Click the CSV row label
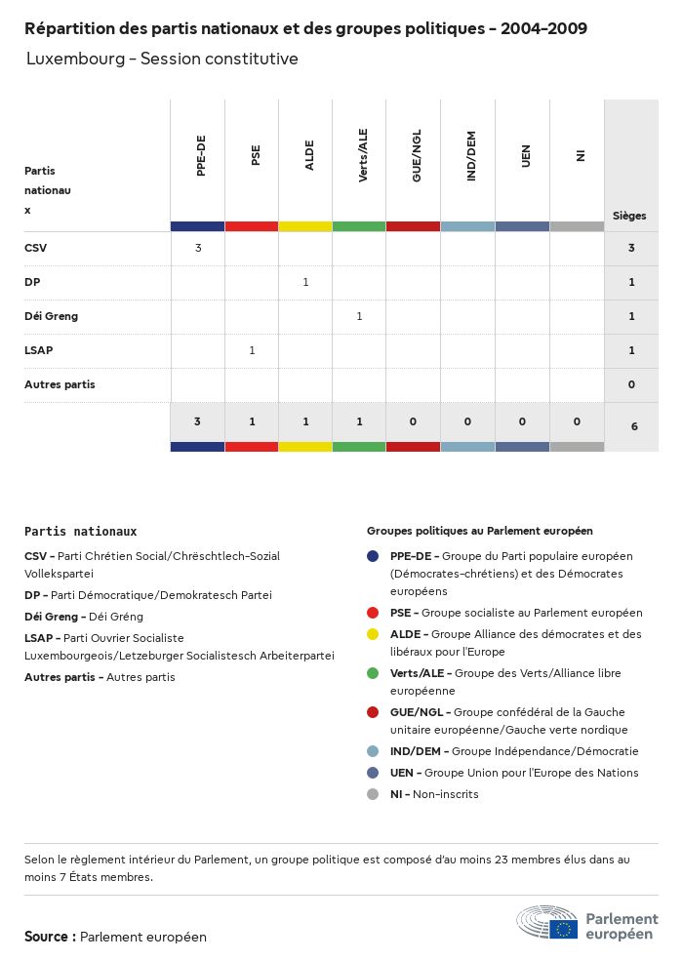[x=35, y=248]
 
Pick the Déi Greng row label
[x=51, y=316]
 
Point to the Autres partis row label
[x=60, y=384]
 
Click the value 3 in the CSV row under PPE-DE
[x=198, y=248]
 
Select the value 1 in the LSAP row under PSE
[x=252, y=350]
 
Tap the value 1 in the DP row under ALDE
[x=305, y=282]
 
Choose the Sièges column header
[x=629, y=216]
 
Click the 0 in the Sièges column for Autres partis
[x=631, y=384]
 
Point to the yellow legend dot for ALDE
[x=373, y=634]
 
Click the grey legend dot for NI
[x=373, y=794]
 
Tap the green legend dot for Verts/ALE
[x=373, y=673]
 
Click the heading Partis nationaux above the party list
[x=80, y=532]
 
